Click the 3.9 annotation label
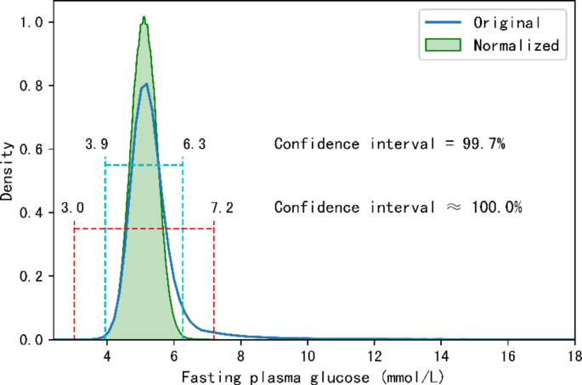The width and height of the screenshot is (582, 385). click(96, 144)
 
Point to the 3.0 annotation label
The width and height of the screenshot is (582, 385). click(72, 208)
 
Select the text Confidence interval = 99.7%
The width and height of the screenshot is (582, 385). click(390, 144)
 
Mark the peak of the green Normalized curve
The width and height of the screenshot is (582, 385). click(144, 17)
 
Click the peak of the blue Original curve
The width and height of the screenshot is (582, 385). click(146, 84)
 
